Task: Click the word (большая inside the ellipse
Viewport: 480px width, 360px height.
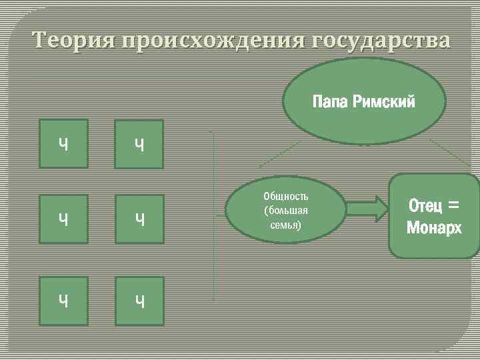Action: pos(285,211)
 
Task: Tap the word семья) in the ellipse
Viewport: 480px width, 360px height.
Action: pos(285,225)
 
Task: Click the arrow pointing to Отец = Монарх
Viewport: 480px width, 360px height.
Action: pos(367,209)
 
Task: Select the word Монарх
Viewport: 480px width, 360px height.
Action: pos(434,227)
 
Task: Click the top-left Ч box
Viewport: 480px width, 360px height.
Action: pos(63,143)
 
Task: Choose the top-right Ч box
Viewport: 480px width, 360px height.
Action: pos(139,143)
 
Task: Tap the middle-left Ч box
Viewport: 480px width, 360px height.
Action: pos(63,218)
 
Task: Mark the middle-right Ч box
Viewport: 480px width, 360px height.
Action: pos(139,218)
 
